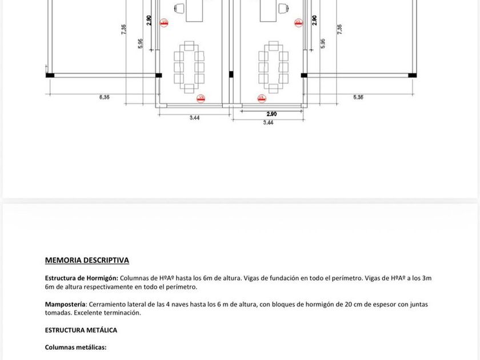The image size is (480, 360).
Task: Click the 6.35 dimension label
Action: (x=104, y=98)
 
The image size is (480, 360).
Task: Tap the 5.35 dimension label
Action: (x=358, y=98)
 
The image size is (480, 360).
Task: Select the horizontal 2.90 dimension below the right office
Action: (x=271, y=114)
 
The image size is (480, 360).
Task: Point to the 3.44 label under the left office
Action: (x=194, y=118)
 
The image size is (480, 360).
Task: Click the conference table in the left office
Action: (x=189, y=67)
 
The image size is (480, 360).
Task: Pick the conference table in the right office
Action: (x=273, y=67)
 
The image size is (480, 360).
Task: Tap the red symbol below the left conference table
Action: (x=201, y=99)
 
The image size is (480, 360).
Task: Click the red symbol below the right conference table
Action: (x=262, y=99)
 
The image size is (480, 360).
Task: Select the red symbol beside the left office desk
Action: (x=165, y=23)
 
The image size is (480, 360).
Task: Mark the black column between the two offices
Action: (x=231, y=74)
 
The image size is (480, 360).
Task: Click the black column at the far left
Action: (x=50, y=75)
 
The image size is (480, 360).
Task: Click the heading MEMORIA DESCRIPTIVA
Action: (x=87, y=261)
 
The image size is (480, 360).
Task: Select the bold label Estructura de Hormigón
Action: (x=81, y=278)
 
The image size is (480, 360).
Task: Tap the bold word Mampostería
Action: (x=65, y=305)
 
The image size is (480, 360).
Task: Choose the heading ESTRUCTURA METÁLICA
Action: (x=81, y=330)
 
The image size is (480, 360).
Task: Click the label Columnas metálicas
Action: (x=75, y=347)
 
